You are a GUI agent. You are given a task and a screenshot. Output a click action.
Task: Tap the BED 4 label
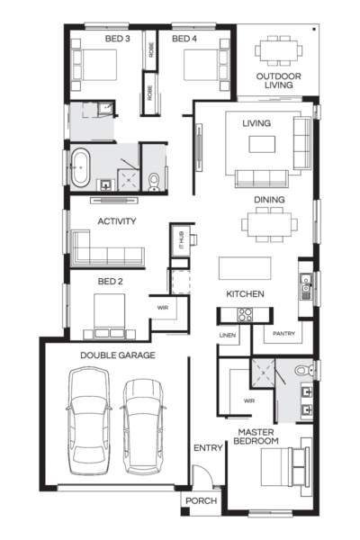click(184, 40)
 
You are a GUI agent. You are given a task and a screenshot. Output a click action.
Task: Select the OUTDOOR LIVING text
click(278, 81)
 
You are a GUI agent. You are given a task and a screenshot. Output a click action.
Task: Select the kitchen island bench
click(245, 269)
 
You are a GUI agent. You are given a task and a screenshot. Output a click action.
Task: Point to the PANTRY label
click(284, 334)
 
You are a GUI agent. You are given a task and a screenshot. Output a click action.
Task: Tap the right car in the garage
click(141, 423)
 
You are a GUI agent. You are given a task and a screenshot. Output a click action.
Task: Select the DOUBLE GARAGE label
click(118, 355)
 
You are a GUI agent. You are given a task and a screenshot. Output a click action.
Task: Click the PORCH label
click(199, 501)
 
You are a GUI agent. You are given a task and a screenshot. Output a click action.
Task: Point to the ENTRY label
click(207, 447)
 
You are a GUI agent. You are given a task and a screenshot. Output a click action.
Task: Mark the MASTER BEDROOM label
click(256, 436)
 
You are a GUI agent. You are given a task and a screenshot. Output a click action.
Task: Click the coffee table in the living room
click(262, 145)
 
